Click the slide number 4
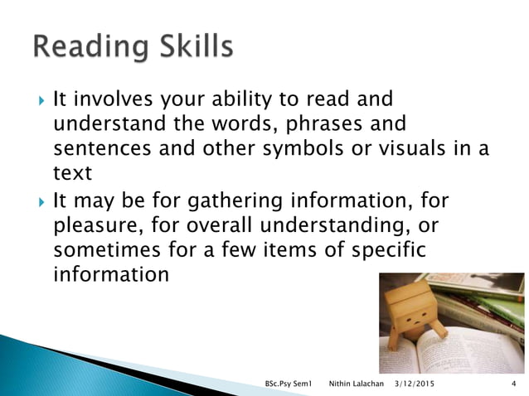click(515, 384)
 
